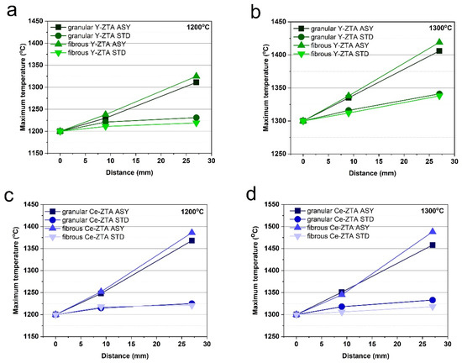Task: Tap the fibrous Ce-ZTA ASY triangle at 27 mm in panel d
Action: pyautogui.click(x=433, y=232)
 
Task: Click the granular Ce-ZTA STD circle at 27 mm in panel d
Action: pyautogui.click(x=433, y=300)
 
